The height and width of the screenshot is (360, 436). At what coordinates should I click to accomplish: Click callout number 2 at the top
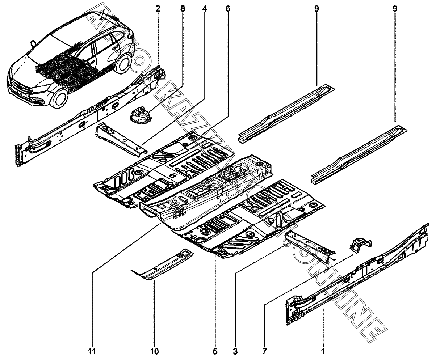(x=158, y=9)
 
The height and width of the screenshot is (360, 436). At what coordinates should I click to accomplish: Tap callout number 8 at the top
(x=183, y=9)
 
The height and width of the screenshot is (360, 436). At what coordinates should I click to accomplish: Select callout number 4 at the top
(x=205, y=9)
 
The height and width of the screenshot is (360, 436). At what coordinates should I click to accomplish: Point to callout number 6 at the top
(x=228, y=9)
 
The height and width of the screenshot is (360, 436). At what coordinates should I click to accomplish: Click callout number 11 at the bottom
(x=92, y=351)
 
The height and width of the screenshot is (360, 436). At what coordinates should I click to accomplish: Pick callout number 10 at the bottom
(x=155, y=351)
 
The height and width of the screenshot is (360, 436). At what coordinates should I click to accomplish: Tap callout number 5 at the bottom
(x=215, y=351)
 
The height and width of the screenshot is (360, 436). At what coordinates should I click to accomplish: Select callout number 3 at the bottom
(x=235, y=351)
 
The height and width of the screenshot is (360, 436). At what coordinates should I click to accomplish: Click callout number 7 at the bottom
(x=264, y=351)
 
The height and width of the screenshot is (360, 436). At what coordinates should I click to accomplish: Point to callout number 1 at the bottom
(x=323, y=351)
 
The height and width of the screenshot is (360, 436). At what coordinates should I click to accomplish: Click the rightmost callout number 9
(x=395, y=9)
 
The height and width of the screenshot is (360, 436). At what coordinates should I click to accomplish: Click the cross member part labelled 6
(x=121, y=139)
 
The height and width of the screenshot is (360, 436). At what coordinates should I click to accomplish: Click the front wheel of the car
(x=60, y=98)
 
